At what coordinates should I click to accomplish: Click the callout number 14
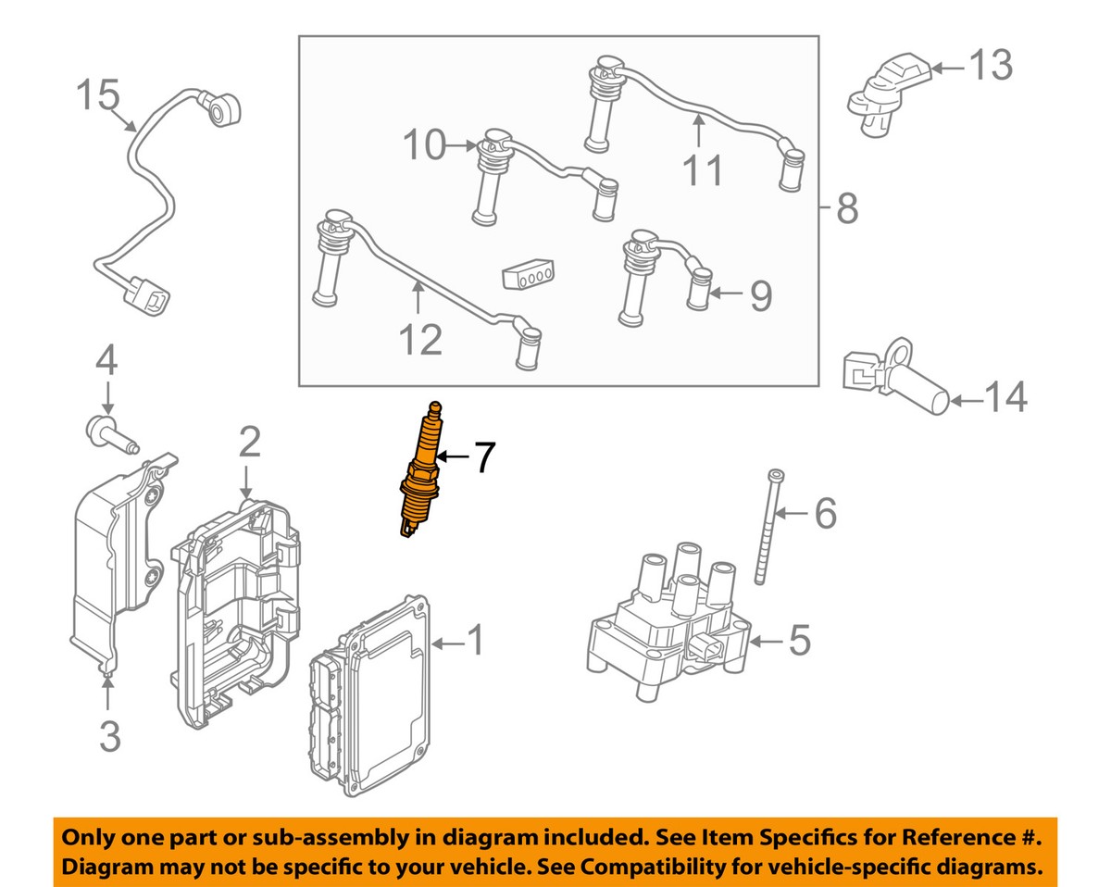(1005, 398)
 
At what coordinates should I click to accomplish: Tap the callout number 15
(97, 94)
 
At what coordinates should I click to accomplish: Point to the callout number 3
(109, 737)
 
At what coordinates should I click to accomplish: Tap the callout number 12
(421, 340)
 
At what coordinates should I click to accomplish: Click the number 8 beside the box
(846, 210)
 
